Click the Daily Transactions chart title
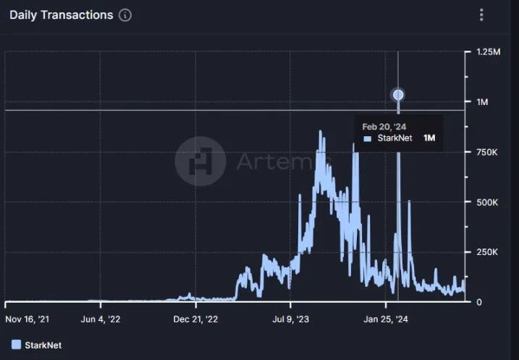pos(62,15)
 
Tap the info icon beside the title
pos(125,15)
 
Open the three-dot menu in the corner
pos(481,15)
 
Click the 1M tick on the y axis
pos(482,102)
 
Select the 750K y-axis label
pos(486,152)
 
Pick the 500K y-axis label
pos(486,202)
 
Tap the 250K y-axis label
pos(486,252)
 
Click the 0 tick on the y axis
pos(478,302)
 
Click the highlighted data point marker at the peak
pos(397,95)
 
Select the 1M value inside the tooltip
pos(429,138)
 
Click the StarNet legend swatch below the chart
pos(16,344)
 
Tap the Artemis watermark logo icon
pos(201,161)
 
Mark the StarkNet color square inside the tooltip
pos(367,138)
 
